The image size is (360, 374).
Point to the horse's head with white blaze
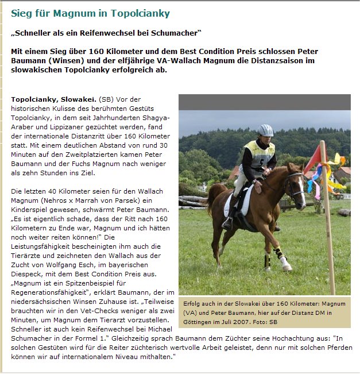point(295,184)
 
